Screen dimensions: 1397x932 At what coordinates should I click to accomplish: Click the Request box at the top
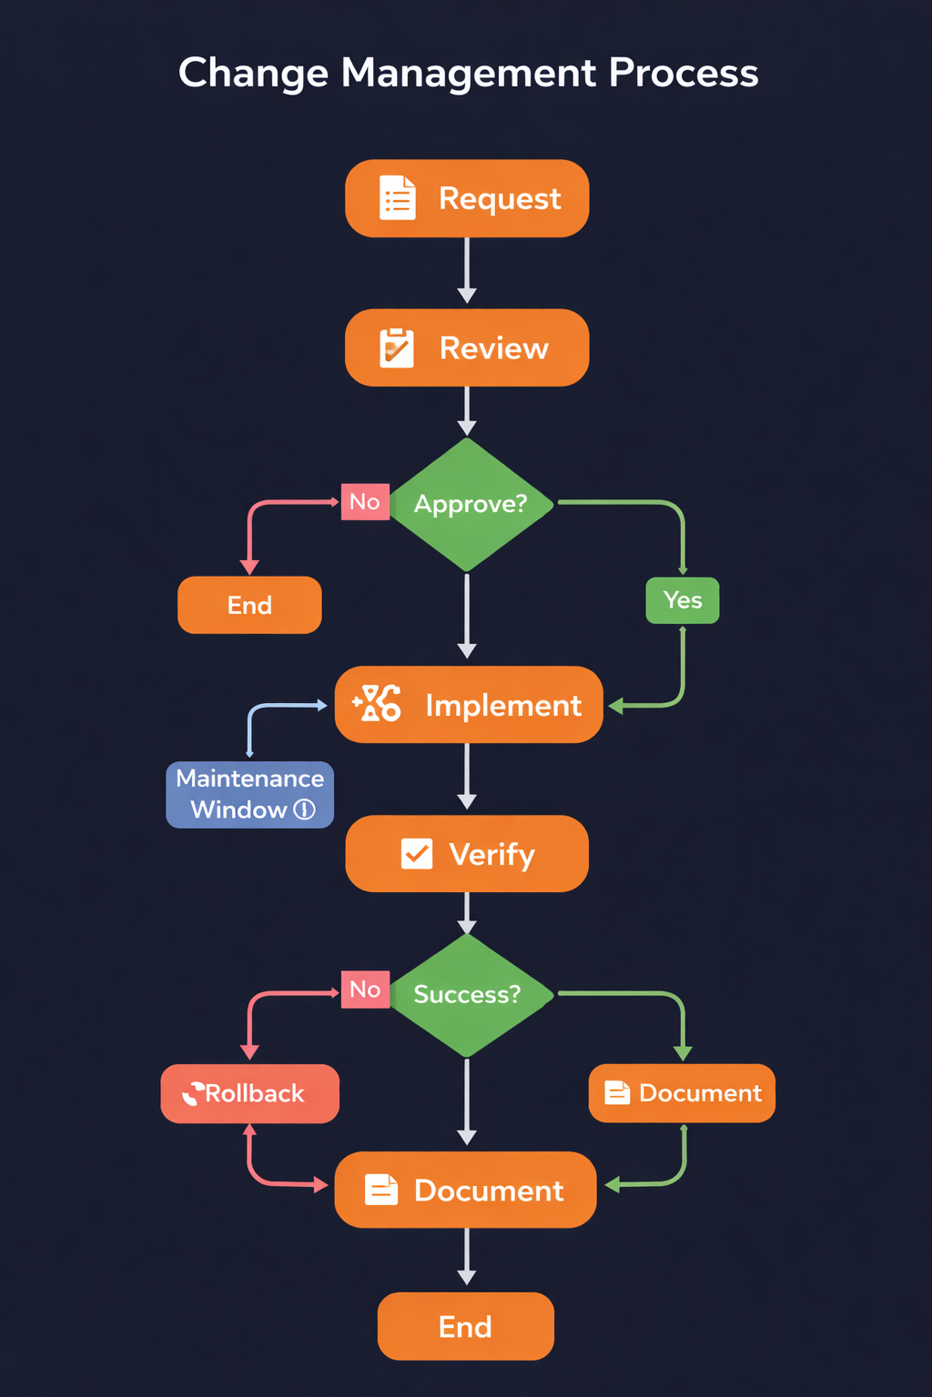(x=467, y=198)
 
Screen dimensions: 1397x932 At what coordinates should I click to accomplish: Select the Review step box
(x=467, y=347)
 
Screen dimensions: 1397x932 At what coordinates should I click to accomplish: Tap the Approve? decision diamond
(x=468, y=504)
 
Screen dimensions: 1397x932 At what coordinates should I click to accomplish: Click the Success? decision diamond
(x=468, y=994)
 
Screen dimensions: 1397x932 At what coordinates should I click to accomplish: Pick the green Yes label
(x=683, y=600)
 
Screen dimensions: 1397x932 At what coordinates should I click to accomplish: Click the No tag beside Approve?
(x=365, y=502)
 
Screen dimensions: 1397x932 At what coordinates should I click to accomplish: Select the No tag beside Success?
(x=365, y=990)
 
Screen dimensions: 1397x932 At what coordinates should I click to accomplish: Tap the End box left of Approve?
(x=249, y=605)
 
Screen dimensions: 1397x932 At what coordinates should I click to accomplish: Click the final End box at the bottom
(x=465, y=1326)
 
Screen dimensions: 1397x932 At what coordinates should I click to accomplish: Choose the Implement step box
(x=469, y=705)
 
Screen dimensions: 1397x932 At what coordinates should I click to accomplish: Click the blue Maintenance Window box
(x=249, y=794)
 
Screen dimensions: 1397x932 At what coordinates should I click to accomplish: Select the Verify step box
(x=467, y=854)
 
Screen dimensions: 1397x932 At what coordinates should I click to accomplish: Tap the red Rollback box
(x=249, y=1093)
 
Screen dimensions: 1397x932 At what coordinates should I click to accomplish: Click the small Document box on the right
(x=682, y=1092)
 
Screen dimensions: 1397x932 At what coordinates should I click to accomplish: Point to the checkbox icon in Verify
(x=417, y=854)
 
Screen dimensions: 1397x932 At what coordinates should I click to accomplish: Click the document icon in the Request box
(x=397, y=198)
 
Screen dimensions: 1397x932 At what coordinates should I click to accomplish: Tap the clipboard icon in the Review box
(x=397, y=347)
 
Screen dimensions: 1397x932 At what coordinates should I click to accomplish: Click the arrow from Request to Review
(x=467, y=270)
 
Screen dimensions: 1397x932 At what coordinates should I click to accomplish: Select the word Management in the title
(x=469, y=73)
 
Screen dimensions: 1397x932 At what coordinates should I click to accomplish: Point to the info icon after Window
(x=305, y=809)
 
